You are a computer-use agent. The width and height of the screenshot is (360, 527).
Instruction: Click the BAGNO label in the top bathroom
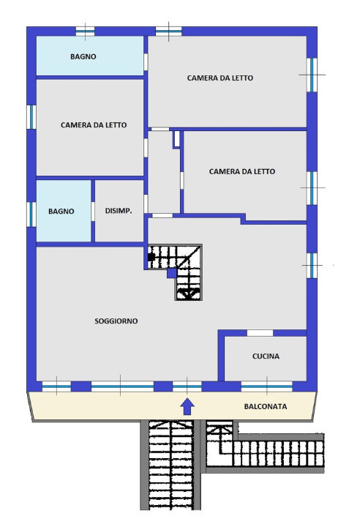(83, 56)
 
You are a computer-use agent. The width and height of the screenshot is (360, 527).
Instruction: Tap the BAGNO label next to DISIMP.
(61, 212)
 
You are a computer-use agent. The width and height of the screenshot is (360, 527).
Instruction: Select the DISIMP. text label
(119, 212)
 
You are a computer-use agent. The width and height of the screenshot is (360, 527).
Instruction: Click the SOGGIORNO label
(116, 321)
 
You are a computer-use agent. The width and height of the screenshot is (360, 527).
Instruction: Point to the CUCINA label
(266, 356)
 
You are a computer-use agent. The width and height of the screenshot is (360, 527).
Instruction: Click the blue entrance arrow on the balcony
(187, 406)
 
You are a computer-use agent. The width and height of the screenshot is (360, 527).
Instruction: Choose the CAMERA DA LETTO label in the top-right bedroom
(220, 78)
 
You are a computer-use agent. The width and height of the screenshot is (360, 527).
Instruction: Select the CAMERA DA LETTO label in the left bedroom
(94, 125)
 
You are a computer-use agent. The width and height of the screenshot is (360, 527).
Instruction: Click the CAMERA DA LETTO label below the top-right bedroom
(242, 172)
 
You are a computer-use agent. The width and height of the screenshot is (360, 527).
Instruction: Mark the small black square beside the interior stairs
(151, 257)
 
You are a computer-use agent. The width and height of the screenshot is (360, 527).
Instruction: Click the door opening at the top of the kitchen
(260, 333)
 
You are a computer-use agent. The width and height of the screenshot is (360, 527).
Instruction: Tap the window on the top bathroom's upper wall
(85, 31)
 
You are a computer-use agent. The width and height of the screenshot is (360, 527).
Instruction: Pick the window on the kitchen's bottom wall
(266, 386)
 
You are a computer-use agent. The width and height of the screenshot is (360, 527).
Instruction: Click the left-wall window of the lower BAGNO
(31, 213)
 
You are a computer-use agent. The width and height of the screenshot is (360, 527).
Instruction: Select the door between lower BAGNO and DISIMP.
(93, 211)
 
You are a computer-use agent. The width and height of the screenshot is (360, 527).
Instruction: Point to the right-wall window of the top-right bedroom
(312, 75)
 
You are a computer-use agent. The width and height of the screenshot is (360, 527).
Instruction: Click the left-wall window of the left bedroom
(31, 117)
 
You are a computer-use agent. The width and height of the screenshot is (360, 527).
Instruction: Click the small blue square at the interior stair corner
(171, 273)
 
